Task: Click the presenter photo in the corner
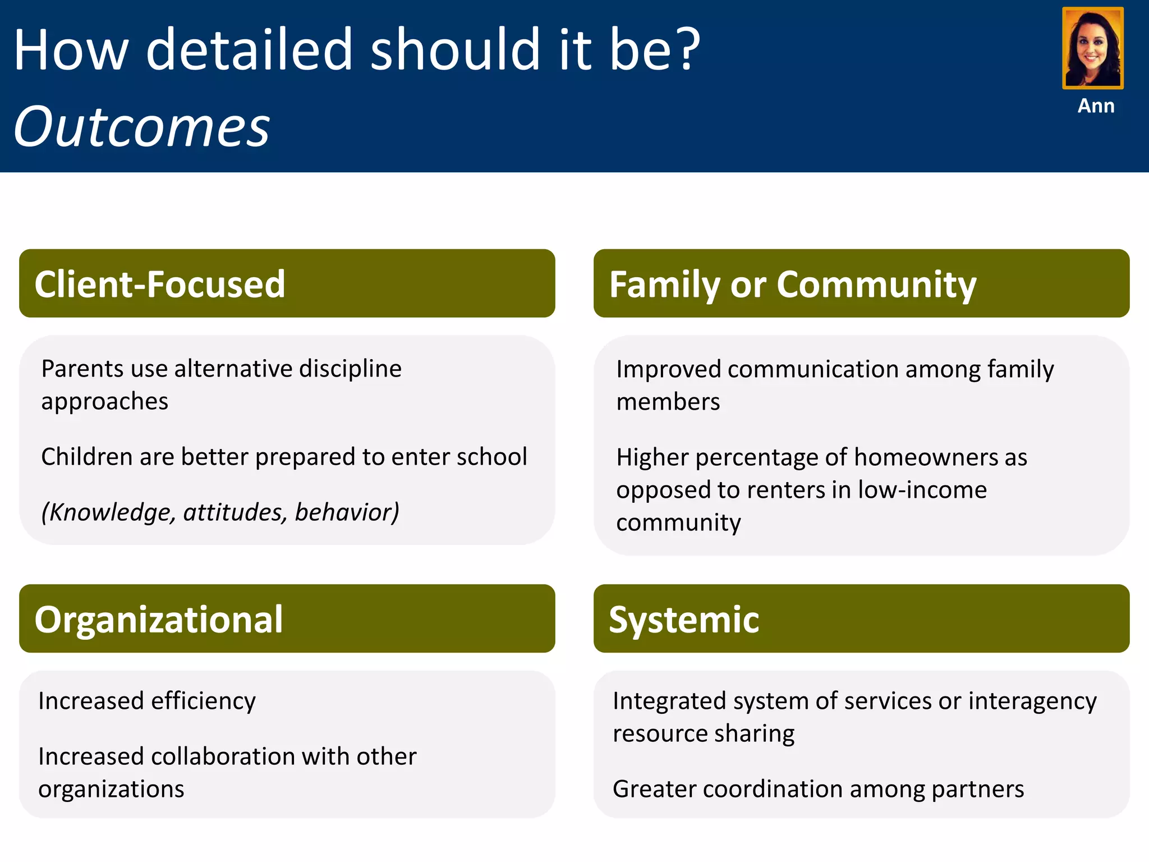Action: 1092,48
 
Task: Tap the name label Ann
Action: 1096,106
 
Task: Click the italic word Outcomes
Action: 142,127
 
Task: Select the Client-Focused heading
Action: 160,284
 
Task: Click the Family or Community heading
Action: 793,285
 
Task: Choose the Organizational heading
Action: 159,620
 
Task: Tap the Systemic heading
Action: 684,620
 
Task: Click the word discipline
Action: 350,369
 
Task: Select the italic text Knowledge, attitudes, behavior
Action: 220,512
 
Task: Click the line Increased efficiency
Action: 147,701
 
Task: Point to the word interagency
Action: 1032,701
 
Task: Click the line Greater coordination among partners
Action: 818,789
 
